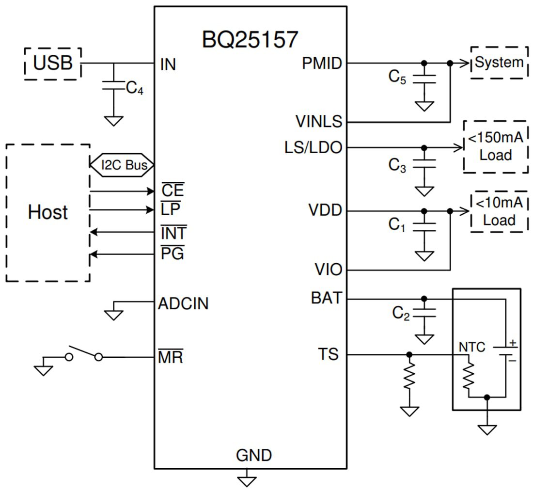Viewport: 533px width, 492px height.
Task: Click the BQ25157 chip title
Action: pyautogui.click(x=250, y=40)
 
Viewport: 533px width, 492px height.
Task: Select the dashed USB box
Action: pyautogui.click(x=53, y=63)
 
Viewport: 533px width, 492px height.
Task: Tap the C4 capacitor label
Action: pyautogui.click(x=134, y=88)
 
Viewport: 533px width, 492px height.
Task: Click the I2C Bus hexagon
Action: pyautogui.click(x=122, y=165)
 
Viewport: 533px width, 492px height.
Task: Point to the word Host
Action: pyautogui.click(x=47, y=212)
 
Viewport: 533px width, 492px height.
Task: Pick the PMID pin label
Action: pyautogui.click(x=321, y=63)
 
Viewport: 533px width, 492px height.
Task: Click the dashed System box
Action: pyautogui.click(x=499, y=63)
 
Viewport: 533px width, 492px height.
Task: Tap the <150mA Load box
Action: pyautogui.click(x=495, y=146)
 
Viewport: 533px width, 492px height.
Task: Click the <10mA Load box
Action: pyautogui.click(x=499, y=211)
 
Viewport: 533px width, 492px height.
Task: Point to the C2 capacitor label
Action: pyautogui.click(x=401, y=314)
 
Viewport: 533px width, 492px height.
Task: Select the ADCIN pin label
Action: pyautogui.click(x=183, y=304)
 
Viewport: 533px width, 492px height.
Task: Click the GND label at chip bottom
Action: pyautogui.click(x=254, y=456)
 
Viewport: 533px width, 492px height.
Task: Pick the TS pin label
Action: pyautogui.click(x=328, y=354)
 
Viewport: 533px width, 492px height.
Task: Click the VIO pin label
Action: pyautogui.click(x=328, y=270)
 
